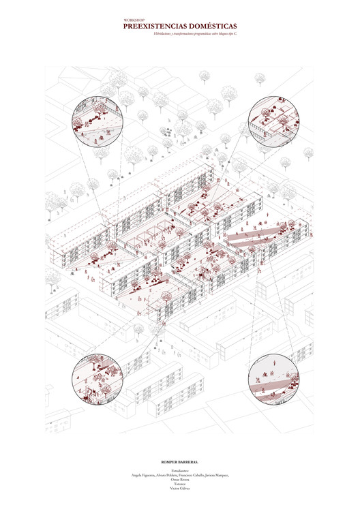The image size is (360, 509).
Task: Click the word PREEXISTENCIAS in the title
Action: [x=155, y=26]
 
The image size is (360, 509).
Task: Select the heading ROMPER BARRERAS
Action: [x=180, y=462]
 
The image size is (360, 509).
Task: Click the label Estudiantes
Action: [x=180, y=469]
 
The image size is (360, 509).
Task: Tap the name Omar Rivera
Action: [x=180, y=480]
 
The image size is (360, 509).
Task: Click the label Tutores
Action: [x=180, y=484]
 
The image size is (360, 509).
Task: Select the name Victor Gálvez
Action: [x=180, y=489]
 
